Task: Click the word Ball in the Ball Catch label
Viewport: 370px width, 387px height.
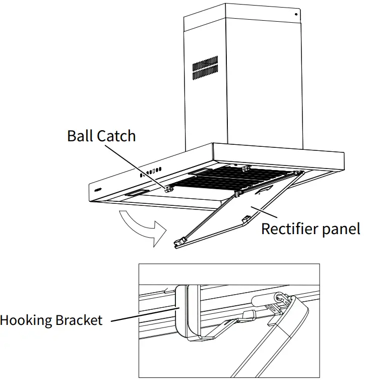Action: point(80,136)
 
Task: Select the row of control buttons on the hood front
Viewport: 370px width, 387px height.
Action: point(151,172)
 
